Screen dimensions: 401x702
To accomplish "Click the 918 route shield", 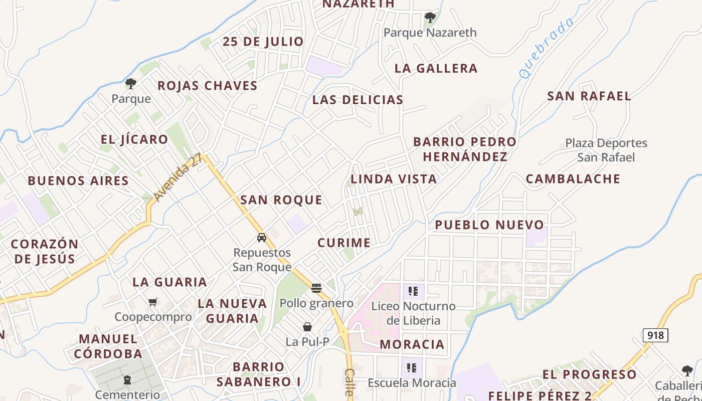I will point(655,335).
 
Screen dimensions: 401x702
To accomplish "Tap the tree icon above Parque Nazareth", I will point(430,18).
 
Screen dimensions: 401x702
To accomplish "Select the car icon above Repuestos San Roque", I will point(261,237).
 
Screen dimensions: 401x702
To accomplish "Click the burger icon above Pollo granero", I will point(316,288).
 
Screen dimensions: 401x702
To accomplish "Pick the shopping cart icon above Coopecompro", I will point(153,302).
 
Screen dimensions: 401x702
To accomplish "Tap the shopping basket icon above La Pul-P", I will point(307,327).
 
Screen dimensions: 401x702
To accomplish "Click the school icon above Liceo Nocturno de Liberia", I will point(413,291).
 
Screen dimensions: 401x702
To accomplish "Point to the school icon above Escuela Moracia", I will point(412,368).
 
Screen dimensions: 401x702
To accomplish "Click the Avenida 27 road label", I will point(178,177).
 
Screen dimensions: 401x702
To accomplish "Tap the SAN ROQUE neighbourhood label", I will point(281,200).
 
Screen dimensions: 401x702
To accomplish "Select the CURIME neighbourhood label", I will point(344,243).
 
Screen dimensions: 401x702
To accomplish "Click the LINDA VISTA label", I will point(394,179).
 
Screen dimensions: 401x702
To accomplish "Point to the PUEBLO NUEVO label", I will point(489,225).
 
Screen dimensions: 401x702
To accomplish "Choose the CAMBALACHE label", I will point(573,179).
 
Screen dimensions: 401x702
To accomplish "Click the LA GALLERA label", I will point(436,68).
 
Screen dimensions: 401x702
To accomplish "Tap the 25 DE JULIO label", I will point(263,42).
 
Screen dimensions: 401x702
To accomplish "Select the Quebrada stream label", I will point(546,48).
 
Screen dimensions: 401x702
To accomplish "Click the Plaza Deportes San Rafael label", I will point(606,150).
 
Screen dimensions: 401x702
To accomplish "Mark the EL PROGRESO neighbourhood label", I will point(589,374).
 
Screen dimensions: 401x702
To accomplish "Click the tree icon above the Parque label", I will point(131,84).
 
